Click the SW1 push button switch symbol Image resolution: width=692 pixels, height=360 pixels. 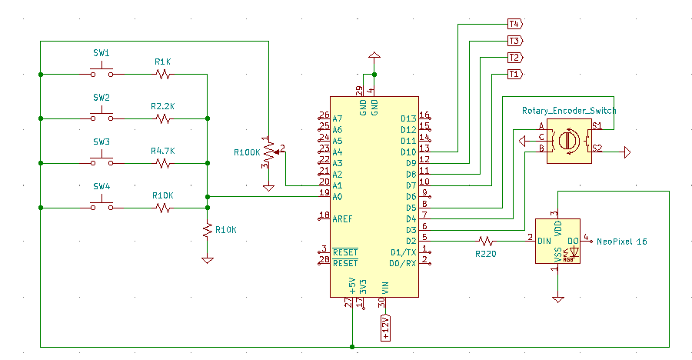[x=101, y=73]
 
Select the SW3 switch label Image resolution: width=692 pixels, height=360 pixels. [x=101, y=142]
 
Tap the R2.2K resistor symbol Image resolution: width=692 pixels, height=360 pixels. [x=162, y=118]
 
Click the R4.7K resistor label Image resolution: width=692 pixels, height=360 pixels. [x=162, y=152]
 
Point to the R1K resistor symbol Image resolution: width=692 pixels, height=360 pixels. [x=162, y=75]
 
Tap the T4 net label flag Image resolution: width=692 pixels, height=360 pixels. [x=514, y=24]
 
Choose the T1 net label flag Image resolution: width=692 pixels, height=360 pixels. [x=514, y=75]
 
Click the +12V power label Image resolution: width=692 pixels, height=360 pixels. [x=385, y=327]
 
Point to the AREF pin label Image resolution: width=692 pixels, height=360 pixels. [x=343, y=218]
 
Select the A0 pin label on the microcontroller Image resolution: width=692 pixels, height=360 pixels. [x=338, y=196]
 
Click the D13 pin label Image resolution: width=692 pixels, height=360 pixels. [x=408, y=118]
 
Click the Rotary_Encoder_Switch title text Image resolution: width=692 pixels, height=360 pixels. [x=568, y=111]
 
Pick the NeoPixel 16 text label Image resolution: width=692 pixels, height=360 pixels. [x=622, y=242]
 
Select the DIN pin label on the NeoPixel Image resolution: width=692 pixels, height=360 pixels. [x=544, y=241]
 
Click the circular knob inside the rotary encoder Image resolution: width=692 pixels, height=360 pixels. [x=569, y=140]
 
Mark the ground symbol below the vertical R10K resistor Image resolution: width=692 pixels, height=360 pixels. [x=207, y=260]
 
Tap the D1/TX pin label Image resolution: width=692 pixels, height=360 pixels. [x=404, y=252]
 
